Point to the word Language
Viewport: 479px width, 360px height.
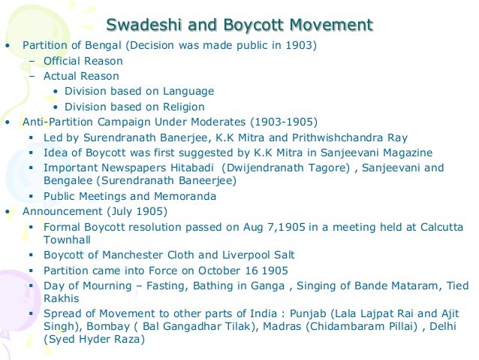188,91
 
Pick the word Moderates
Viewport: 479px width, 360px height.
221,121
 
